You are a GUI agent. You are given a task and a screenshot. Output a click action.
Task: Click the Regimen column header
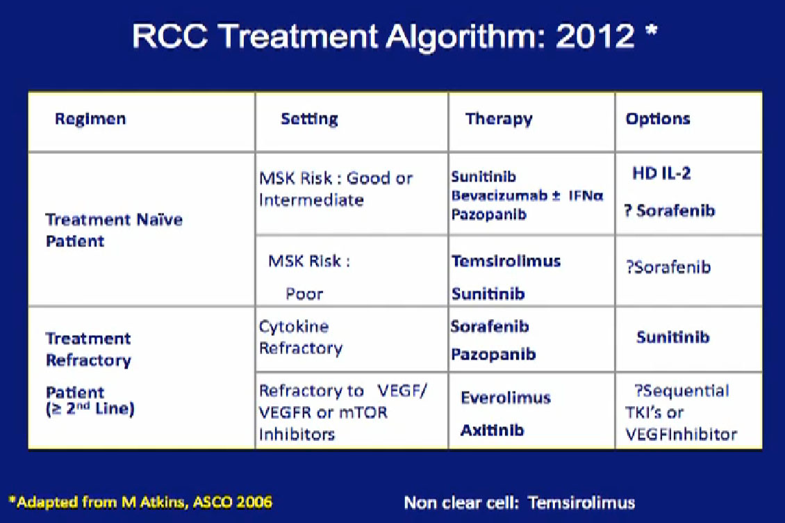coord(90,120)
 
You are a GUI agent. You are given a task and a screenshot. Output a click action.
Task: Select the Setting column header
coord(309,119)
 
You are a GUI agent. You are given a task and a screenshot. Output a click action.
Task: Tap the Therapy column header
coord(499,119)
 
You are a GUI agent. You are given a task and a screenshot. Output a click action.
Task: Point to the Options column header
coord(658,119)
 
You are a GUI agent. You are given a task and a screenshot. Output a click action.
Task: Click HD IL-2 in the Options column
coord(661,173)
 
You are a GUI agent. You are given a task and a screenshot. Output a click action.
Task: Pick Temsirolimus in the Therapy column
coord(506,261)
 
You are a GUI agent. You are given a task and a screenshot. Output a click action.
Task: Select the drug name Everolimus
coord(506,398)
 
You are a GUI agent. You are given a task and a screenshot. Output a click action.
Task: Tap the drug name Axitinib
coord(492,431)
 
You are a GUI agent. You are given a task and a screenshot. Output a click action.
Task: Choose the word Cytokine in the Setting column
coord(294,326)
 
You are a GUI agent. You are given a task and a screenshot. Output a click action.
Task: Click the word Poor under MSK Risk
coord(304,293)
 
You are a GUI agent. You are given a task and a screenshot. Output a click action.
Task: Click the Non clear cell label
coord(461,502)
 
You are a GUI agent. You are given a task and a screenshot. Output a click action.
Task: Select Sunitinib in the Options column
coord(673,337)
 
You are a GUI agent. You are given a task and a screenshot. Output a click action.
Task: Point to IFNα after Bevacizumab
coord(586,195)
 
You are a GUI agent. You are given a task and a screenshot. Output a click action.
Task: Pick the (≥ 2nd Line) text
coord(90,409)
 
